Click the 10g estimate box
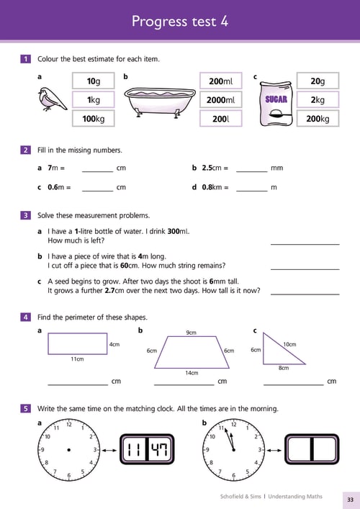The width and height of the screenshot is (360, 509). [93, 81]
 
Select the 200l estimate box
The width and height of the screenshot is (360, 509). [221, 119]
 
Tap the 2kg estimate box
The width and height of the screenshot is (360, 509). [318, 99]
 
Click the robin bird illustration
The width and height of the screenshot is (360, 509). [52, 99]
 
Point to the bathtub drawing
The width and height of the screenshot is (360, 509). [160, 102]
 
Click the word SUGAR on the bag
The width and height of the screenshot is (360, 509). [276, 99]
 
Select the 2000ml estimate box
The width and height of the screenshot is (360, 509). [221, 99]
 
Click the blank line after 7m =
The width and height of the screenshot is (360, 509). [97, 172]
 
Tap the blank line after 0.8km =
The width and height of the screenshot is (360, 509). [251, 192]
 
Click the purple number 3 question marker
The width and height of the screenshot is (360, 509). [25, 215]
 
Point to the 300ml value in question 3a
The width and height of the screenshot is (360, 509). [179, 231]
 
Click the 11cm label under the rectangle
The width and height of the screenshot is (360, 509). [77, 359]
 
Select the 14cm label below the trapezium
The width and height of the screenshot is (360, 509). [192, 373]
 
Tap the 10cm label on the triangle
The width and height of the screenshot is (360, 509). [289, 344]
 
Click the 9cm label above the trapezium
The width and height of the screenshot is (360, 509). [192, 333]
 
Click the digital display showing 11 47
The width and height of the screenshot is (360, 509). [148, 449]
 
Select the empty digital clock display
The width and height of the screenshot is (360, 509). [312, 449]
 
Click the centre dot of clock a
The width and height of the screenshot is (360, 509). [69, 450]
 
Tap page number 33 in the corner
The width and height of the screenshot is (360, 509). [350, 500]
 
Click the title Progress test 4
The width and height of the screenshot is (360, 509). [180, 21]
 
